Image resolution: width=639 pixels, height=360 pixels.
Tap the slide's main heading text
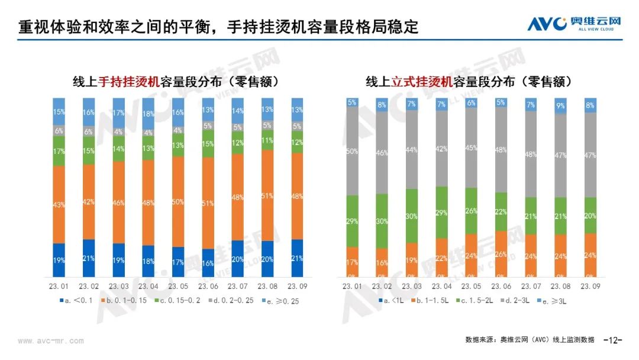coord(218,27)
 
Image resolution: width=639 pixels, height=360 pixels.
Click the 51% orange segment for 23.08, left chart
coord(267,195)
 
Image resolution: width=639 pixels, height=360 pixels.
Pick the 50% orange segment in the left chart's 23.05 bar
coord(178,202)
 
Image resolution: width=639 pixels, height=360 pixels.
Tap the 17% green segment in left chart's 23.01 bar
coord(59,151)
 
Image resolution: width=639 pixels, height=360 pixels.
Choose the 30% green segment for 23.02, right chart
coord(382,221)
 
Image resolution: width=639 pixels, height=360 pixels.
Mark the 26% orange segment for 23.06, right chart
coord(501,254)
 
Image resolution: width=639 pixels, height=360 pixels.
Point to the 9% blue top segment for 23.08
coord(560,106)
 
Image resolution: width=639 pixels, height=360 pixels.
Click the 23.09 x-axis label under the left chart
coord(297,286)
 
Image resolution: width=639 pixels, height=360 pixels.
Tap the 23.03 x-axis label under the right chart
coord(412,286)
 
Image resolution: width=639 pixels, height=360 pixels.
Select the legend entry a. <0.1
coord(78,301)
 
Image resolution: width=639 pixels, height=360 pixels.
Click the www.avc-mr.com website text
coord(51,341)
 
